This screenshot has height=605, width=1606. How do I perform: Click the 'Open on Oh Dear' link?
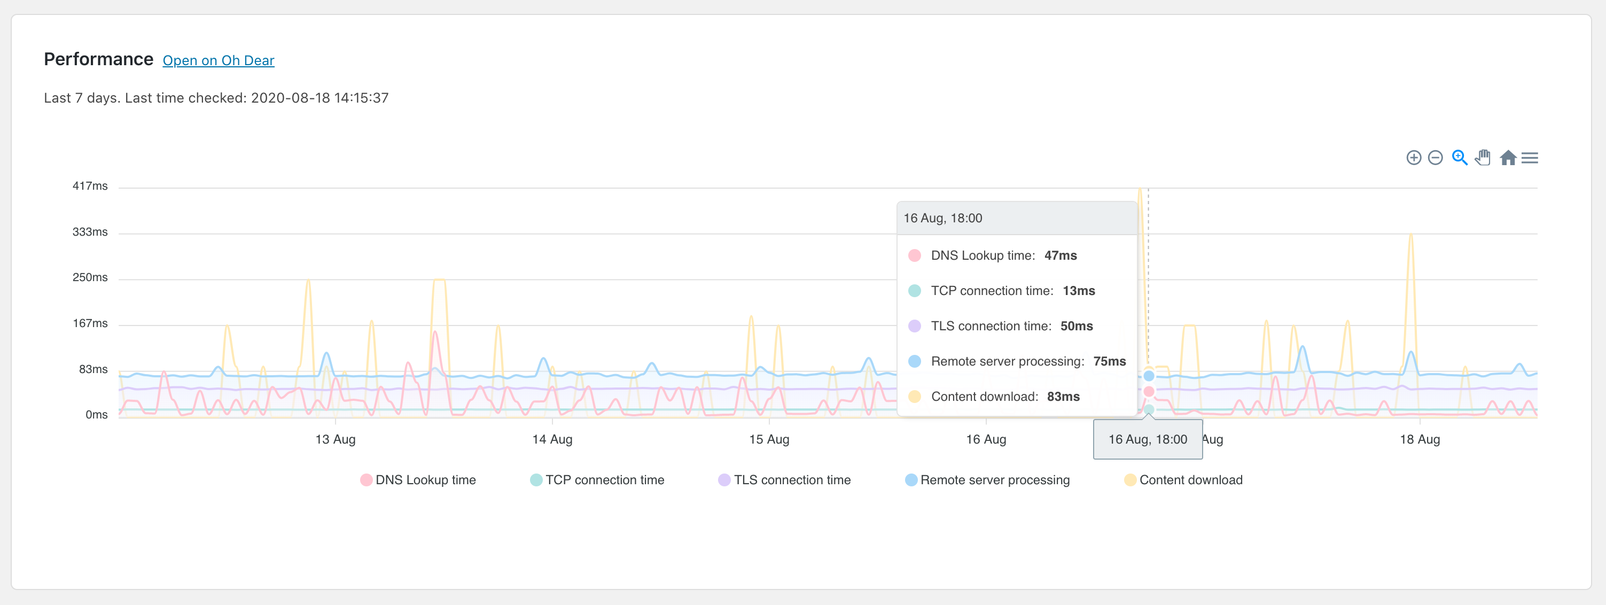218,60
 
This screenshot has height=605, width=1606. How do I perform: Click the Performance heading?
98,59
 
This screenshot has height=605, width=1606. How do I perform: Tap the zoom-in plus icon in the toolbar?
1413,158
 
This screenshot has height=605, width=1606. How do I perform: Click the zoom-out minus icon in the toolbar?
1435,158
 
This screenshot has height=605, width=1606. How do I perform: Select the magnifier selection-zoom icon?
1460,158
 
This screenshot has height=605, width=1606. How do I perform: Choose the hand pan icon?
1483,158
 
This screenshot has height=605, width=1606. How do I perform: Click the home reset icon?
1508,158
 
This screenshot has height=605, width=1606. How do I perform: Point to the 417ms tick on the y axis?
90,186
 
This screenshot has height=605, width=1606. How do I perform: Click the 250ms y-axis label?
90,277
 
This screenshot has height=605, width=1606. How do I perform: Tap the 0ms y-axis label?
96,415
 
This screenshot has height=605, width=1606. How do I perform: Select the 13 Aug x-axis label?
336,439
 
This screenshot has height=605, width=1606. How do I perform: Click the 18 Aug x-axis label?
1420,439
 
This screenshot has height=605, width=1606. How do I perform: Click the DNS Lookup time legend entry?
418,479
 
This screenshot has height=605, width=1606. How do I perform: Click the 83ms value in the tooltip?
1063,397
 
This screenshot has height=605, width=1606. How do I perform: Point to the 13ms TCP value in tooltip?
1079,291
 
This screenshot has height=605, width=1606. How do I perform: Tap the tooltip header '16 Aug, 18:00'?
942,218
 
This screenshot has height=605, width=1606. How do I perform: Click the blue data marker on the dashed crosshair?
1148,376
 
